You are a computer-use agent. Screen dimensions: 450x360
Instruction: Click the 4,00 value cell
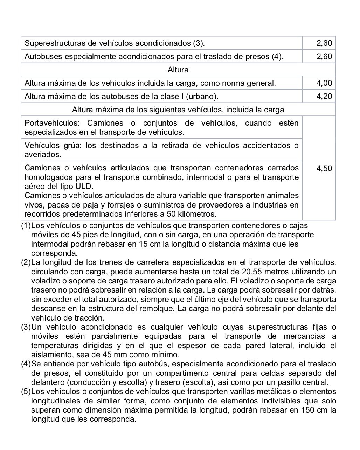324,83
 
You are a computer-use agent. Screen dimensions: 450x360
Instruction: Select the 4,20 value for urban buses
324,96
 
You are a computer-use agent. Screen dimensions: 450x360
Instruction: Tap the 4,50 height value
324,168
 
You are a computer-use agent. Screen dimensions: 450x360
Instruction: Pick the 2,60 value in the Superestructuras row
324,43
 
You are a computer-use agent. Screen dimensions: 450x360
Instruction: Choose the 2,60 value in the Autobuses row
324,56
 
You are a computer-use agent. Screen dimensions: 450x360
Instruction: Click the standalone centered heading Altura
178,70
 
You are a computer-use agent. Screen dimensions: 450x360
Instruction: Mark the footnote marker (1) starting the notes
26,226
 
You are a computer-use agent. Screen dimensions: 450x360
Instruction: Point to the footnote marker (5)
26,392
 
